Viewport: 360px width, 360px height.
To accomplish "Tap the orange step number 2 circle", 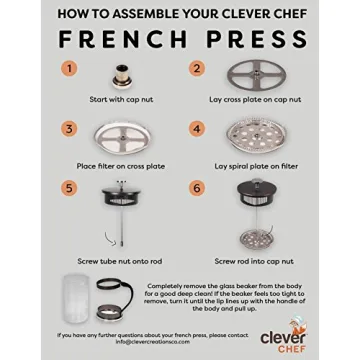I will click(x=197, y=69).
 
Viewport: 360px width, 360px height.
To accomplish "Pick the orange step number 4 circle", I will click(x=197, y=129).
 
